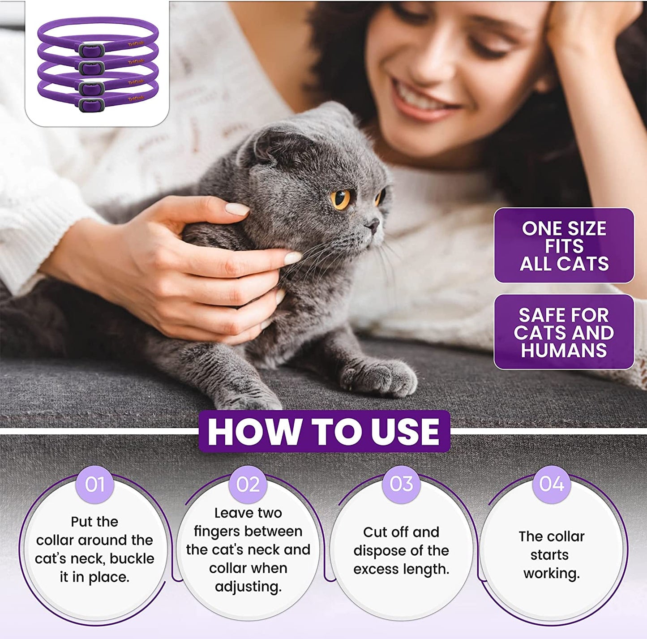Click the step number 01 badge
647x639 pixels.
94,485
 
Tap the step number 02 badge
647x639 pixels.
248,485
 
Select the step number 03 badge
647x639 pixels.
401,484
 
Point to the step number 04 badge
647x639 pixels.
552,484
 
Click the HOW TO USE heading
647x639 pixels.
324,432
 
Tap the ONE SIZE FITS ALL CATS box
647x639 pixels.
564,246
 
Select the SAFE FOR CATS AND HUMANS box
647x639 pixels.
564,332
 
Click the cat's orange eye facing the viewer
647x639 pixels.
341,199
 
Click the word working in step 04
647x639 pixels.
551,574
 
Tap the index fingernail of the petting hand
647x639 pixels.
237,209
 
